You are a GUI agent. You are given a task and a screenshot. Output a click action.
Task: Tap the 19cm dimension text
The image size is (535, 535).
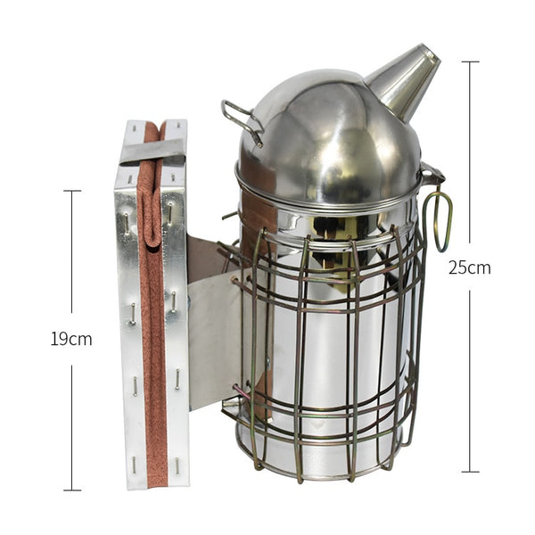(71, 339)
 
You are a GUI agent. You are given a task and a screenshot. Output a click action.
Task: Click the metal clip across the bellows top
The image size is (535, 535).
(152, 152)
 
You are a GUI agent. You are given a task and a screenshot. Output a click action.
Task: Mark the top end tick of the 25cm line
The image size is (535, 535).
(470, 62)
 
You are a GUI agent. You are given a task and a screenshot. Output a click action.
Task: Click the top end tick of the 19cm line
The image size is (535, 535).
(72, 190)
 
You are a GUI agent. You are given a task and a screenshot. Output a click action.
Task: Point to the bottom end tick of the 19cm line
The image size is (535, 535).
(72, 490)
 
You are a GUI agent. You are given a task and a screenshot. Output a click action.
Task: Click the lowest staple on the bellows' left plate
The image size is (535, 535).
(133, 462)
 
